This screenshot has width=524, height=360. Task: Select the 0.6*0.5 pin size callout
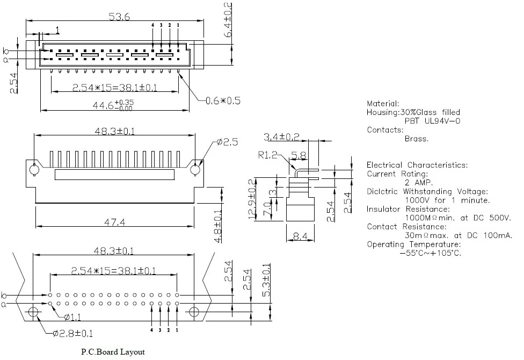click(x=223, y=100)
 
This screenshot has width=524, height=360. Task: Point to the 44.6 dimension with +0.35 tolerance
click(x=113, y=105)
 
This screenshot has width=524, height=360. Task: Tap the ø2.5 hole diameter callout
click(x=227, y=142)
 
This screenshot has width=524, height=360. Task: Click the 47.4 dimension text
click(x=115, y=222)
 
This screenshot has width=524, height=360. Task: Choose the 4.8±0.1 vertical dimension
click(x=217, y=226)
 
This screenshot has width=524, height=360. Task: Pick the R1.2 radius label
click(x=268, y=155)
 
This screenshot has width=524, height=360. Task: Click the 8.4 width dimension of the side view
click(x=300, y=236)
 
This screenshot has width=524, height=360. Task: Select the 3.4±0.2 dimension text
click(x=281, y=136)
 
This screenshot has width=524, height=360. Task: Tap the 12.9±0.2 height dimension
click(x=253, y=199)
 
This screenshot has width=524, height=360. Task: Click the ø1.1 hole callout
click(x=72, y=317)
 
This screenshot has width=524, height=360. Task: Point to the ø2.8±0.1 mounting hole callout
click(x=73, y=333)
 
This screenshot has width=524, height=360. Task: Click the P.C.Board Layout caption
click(x=113, y=352)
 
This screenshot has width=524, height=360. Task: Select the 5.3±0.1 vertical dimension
click(x=266, y=280)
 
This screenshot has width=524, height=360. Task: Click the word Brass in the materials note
click(x=417, y=139)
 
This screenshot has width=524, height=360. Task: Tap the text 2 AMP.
click(x=419, y=183)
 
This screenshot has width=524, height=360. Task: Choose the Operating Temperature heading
click(x=414, y=244)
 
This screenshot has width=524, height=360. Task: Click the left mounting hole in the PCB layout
click(x=33, y=312)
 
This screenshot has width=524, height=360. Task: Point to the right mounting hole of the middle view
click(x=195, y=170)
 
